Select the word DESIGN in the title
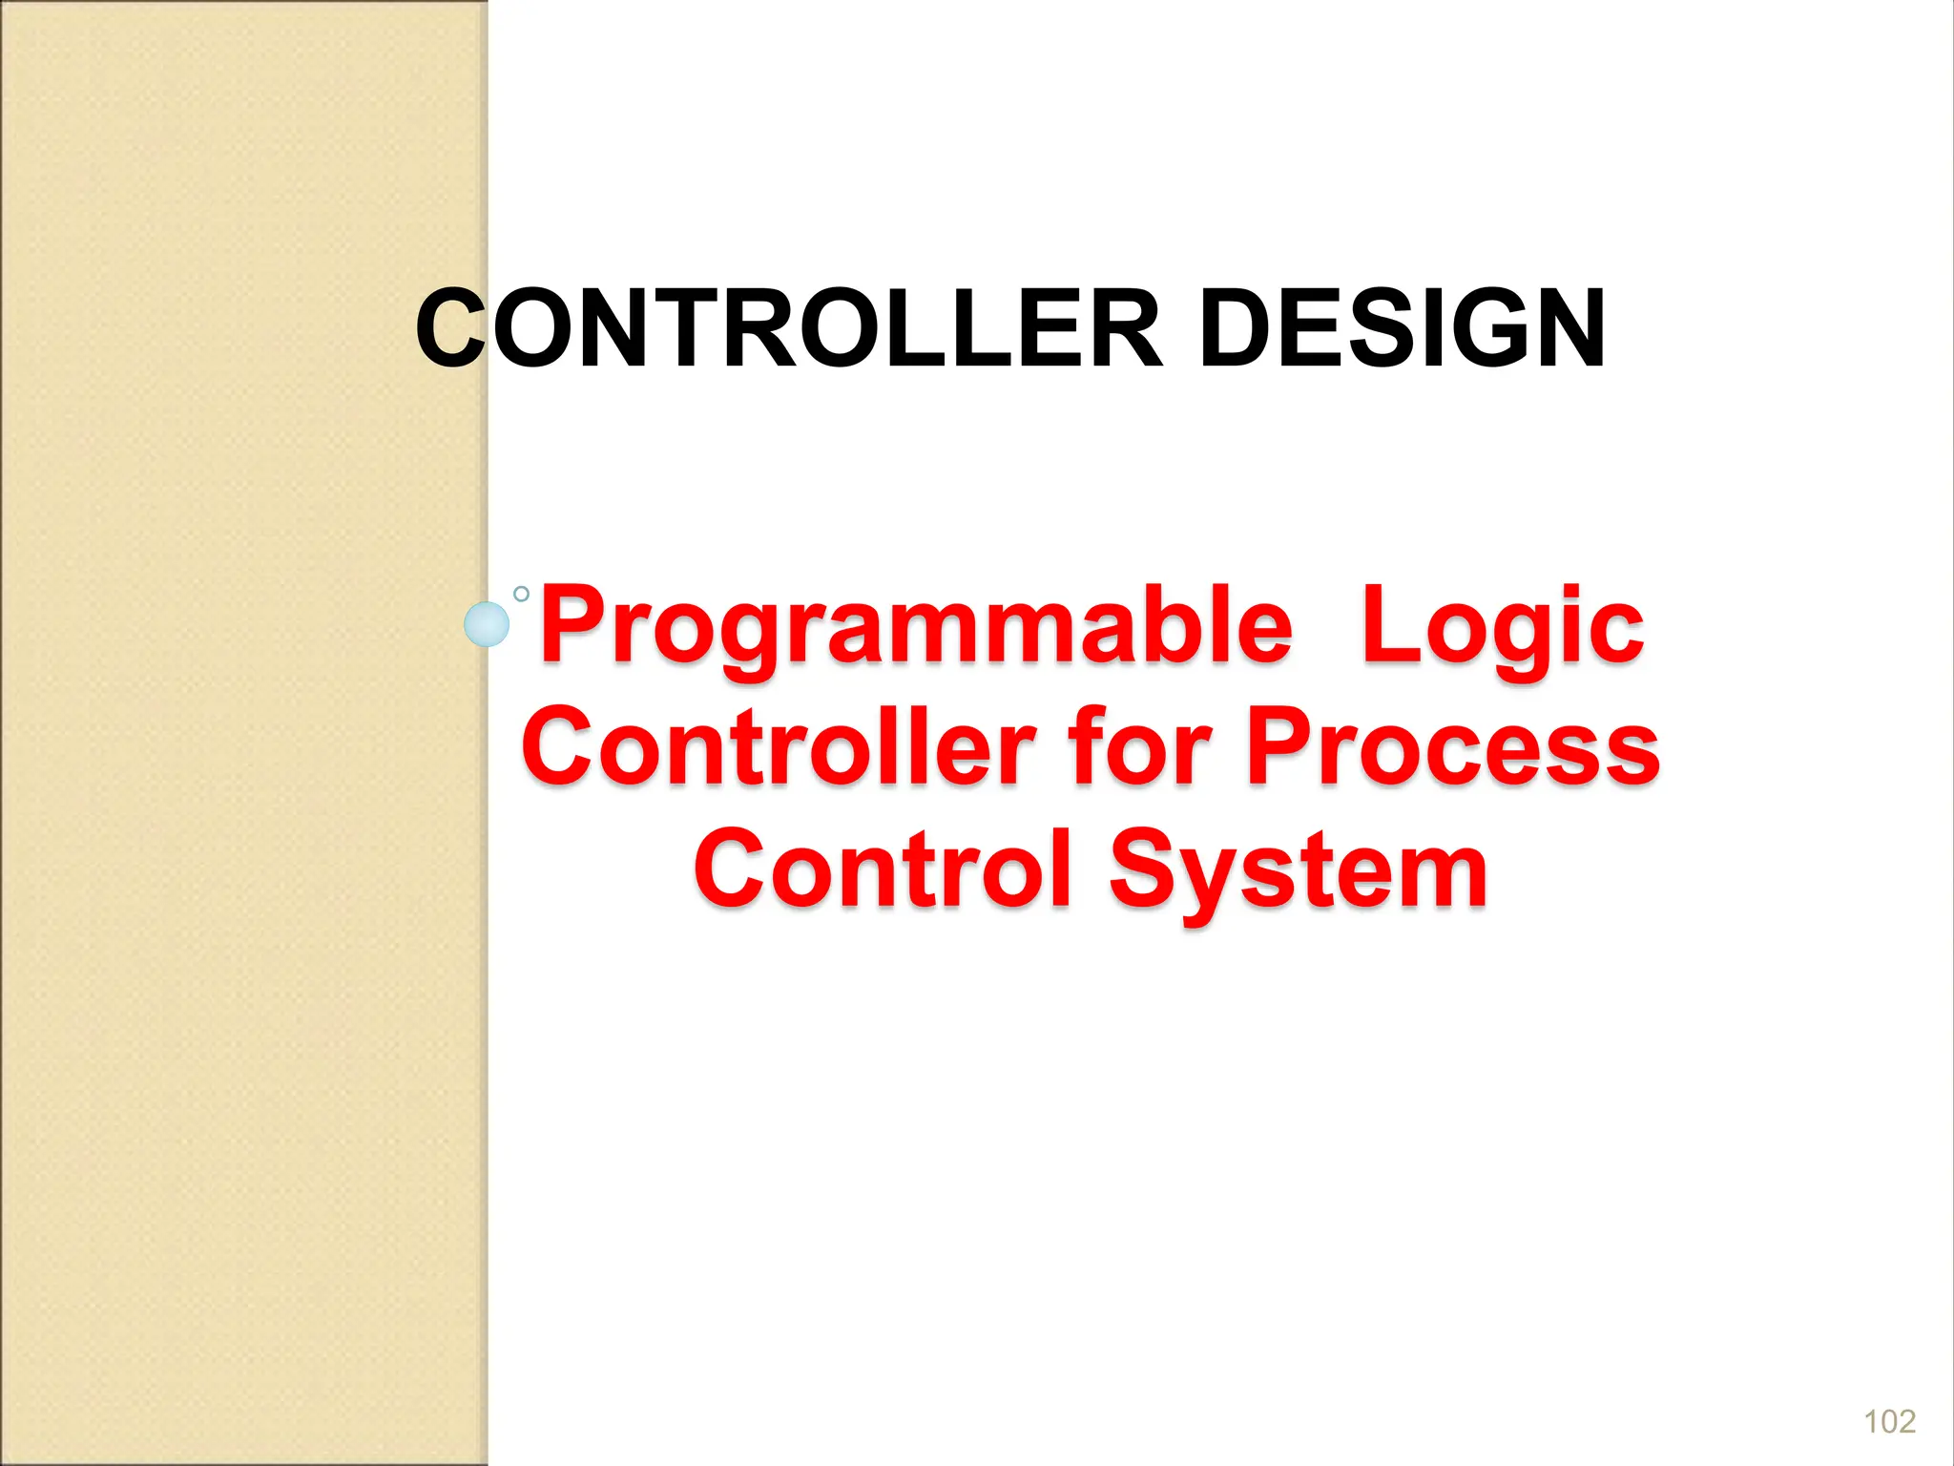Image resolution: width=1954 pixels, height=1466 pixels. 1402,329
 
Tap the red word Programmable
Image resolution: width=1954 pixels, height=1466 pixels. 916,627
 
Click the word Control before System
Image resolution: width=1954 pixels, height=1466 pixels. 883,869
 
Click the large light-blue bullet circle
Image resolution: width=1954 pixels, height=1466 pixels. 487,624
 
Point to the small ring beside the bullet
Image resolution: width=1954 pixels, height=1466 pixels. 521,594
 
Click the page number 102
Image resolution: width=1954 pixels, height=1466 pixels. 1889,1421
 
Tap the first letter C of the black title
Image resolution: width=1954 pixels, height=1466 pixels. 450,329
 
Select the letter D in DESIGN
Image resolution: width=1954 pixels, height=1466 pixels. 1237,329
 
